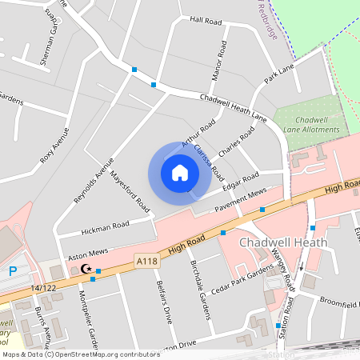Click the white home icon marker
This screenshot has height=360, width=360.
[x=180, y=173]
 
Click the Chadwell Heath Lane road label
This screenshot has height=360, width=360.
[x=234, y=107]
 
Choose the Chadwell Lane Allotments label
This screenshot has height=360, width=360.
[x=313, y=124]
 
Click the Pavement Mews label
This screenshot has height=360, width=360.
[x=240, y=201]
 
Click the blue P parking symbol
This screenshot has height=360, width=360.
[x=13, y=272]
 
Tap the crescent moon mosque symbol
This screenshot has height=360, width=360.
[x=77, y=270]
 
